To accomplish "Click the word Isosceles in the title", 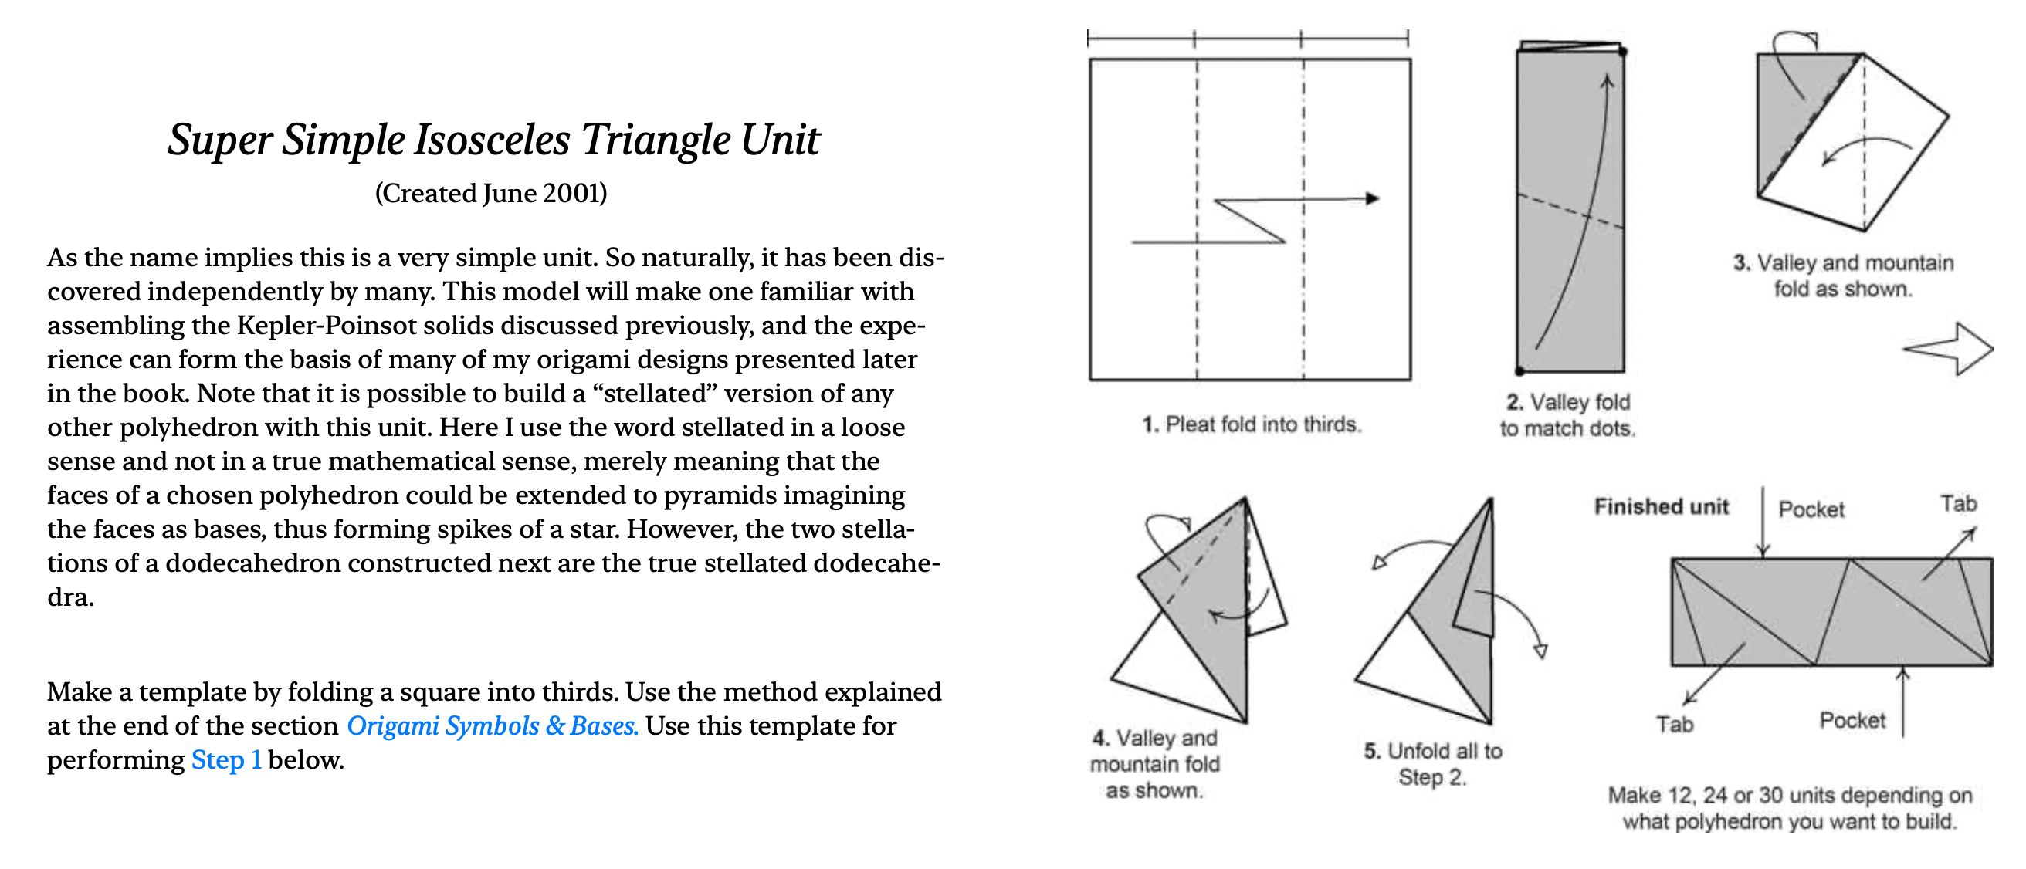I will pos(492,141).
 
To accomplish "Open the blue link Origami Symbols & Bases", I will pos(493,726).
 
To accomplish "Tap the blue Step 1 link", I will pos(226,759).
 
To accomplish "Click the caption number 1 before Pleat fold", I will pos(1150,424).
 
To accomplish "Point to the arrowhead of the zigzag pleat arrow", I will pos(1373,198).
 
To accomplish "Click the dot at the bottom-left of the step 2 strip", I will pos(1520,370).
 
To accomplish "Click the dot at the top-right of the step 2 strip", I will pos(1622,52).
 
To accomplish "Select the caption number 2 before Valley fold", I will pos(1514,403).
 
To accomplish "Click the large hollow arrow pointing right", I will pos(1950,348).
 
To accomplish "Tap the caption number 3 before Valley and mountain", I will pos(1740,262).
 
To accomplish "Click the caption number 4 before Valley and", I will pos(1100,739).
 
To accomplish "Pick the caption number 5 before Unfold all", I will pos(1371,751).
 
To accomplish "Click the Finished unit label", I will pos(1661,506).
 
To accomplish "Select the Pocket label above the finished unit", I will pos(1811,509).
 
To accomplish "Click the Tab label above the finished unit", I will pos(1957,503).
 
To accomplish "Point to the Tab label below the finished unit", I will pos(1675,725).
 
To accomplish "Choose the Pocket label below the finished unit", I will pos(1852,721).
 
